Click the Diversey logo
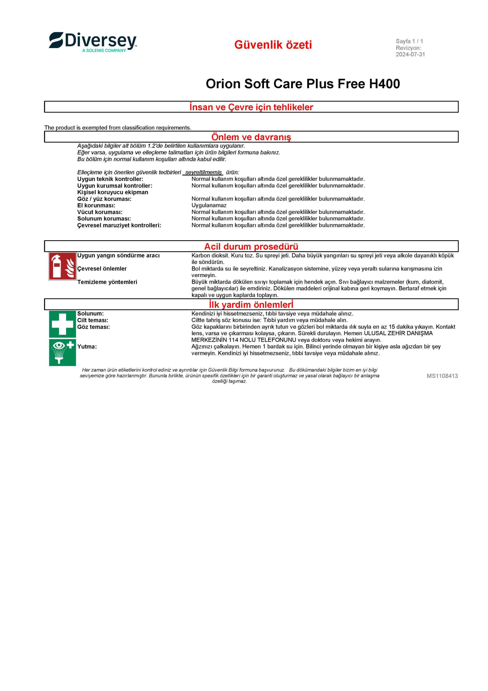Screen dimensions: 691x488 coord(92,42)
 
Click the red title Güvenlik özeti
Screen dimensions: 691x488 coord(273,45)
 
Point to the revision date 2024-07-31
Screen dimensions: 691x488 coord(410,55)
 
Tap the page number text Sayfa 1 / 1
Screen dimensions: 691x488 coord(409,41)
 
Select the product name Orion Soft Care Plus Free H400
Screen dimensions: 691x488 coord(303,84)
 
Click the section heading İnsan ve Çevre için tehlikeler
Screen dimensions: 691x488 coord(251,107)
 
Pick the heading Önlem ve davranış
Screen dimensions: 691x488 coord(251,137)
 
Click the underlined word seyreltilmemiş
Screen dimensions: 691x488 coord(203,172)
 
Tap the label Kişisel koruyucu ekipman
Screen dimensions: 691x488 coord(113,192)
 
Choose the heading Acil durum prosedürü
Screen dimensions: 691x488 coord(251,246)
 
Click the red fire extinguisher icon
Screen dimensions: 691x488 coord(63,266)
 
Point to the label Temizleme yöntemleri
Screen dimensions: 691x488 coord(107,282)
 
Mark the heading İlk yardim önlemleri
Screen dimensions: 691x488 coord(251,304)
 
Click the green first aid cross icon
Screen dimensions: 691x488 coord(63,324)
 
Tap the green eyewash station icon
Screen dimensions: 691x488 coord(63,353)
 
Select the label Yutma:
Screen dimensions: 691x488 coord(87,346)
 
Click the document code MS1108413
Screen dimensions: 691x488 coord(442,376)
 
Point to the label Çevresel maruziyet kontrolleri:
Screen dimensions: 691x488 coord(119,225)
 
